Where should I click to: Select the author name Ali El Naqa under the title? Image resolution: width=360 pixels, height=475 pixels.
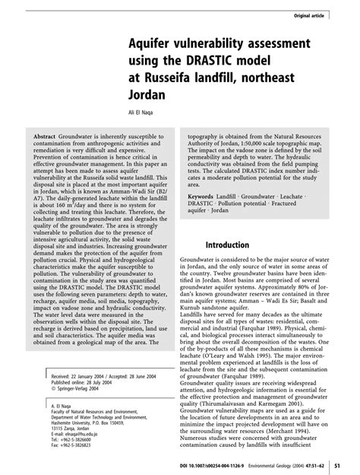point(138,116)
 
